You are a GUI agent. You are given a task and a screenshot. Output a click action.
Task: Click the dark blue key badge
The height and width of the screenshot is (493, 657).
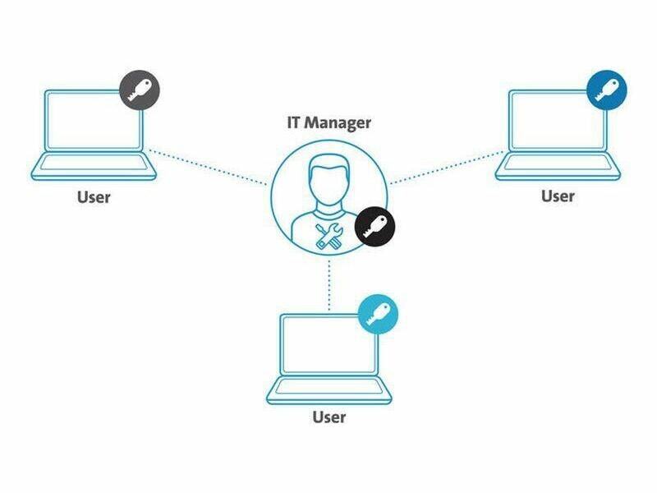[608, 89]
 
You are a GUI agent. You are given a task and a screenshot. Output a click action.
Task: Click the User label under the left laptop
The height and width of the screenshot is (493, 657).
[93, 197]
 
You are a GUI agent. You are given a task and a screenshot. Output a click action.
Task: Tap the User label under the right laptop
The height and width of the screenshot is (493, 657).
[558, 196]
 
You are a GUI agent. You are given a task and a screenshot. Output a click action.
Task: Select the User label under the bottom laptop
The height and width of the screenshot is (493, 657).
[328, 417]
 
